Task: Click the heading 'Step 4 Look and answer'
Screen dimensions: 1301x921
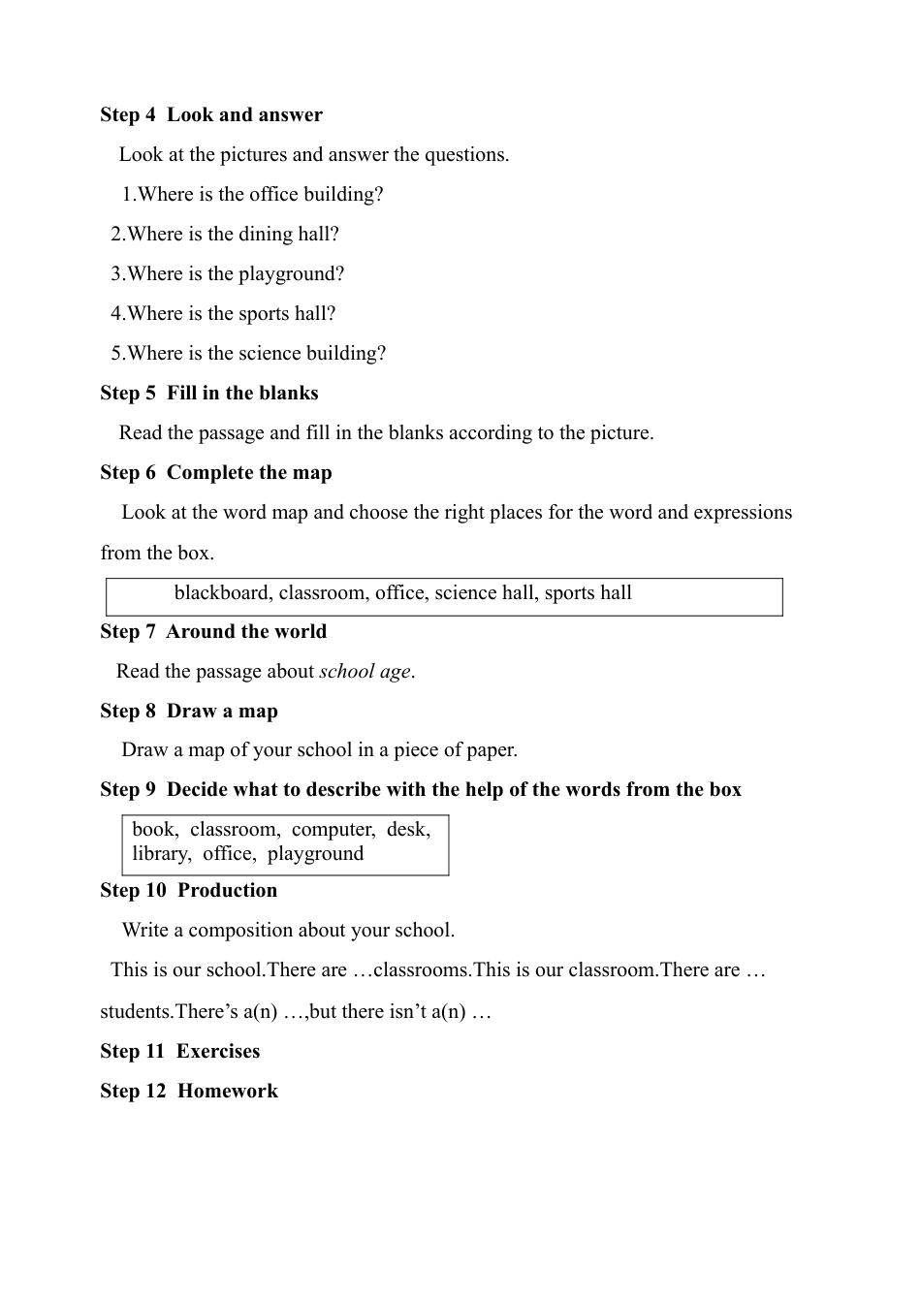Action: tap(211, 114)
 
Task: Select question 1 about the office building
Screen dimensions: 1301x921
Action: tap(252, 194)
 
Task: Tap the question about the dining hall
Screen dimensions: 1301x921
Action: tap(225, 234)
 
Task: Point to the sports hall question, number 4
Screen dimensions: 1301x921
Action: tap(223, 313)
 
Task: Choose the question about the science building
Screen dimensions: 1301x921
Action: tap(248, 353)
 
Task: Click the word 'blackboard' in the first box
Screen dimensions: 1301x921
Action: tap(223, 592)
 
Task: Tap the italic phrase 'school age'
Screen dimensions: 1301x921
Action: tap(365, 671)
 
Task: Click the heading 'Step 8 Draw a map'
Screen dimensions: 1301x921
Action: tap(189, 711)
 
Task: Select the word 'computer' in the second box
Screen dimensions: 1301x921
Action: tap(333, 829)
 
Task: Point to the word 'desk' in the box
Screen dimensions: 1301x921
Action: tap(407, 829)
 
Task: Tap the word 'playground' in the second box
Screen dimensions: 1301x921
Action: tap(315, 853)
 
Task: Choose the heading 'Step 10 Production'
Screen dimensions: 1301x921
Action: tap(189, 890)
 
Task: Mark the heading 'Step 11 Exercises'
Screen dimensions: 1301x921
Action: tap(180, 1051)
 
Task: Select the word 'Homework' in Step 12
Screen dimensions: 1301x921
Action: tap(228, 1091)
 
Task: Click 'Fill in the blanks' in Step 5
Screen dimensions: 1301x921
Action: tap(242, 393)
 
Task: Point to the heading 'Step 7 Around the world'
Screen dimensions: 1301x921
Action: tap(213, 631)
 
